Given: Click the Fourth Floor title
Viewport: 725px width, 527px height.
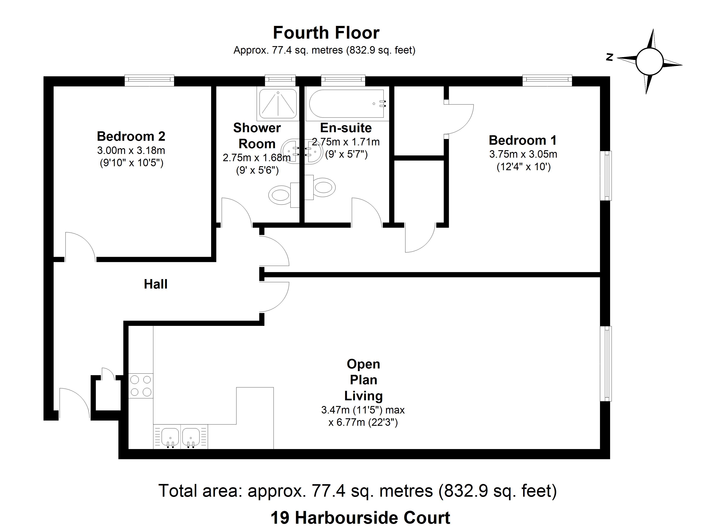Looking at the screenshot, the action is (326, 33).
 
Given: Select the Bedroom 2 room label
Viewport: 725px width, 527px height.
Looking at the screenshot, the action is (131, 136).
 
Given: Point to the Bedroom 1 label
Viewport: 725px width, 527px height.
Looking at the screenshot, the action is (523, 140).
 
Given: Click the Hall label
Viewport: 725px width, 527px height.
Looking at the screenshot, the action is (156, 284).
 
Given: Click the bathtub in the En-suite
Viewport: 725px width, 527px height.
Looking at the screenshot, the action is (346, 104).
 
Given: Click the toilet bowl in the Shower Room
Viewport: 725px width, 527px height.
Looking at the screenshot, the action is (280, 195).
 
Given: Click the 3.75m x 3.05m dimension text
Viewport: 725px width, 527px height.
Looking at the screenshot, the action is (523, 154).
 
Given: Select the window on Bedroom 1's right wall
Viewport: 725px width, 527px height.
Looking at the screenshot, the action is (606, 175).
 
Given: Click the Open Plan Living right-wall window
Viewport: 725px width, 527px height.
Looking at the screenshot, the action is (606, 363).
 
